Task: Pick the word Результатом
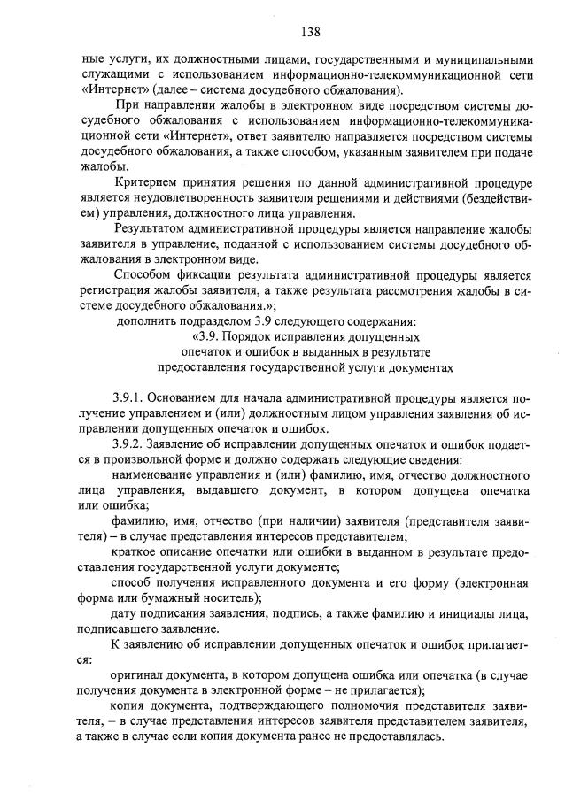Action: point(157,227)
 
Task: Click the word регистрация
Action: point(115,289)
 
